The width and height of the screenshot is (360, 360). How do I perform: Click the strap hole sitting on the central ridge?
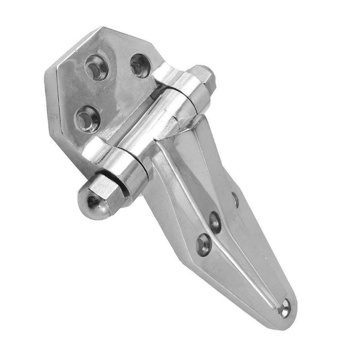pyautogui.click(x=214, y=221)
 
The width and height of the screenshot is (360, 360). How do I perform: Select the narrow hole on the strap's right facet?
pyautogui.click(x=235, y=199)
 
